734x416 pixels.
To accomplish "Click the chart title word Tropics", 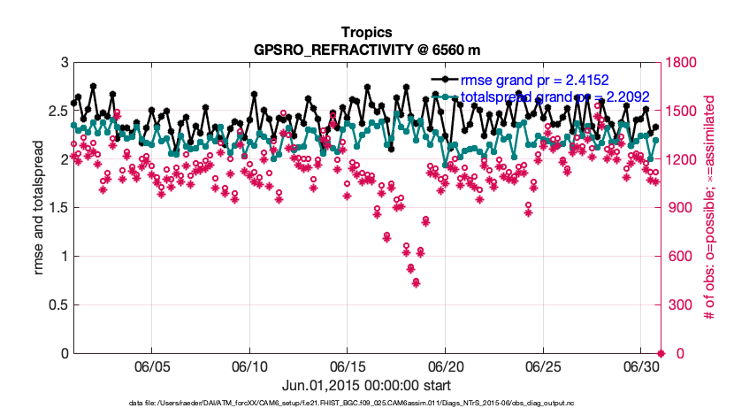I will [x=366, y=34].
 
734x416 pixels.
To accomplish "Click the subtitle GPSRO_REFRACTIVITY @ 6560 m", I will [x=366, y=50].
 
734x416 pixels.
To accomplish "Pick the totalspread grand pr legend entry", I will [x=548, y=96].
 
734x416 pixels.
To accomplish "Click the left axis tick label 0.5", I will [x=57, y=305].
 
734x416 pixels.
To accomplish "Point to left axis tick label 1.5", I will [x=57, y=208].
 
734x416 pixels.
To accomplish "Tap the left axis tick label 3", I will [x=64, y=63].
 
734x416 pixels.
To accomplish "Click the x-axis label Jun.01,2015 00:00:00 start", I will [x=366, y=385].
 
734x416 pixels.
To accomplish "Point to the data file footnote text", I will [x=366, y=404].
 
